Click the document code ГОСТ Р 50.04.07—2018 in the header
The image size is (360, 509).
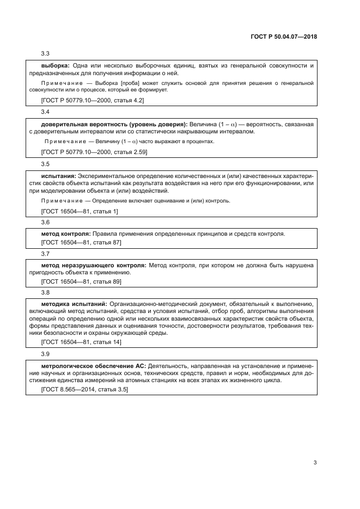285,37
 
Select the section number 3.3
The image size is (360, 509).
46,53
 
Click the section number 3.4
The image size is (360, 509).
46,112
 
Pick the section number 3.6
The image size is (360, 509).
46,222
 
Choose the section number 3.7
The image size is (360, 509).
46,254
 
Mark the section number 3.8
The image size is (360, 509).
46,292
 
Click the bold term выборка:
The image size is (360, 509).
55,66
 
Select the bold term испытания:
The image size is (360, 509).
59,176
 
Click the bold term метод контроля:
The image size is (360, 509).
65,234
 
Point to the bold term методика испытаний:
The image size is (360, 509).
74,304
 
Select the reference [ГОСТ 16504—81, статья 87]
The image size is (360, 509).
81,242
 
